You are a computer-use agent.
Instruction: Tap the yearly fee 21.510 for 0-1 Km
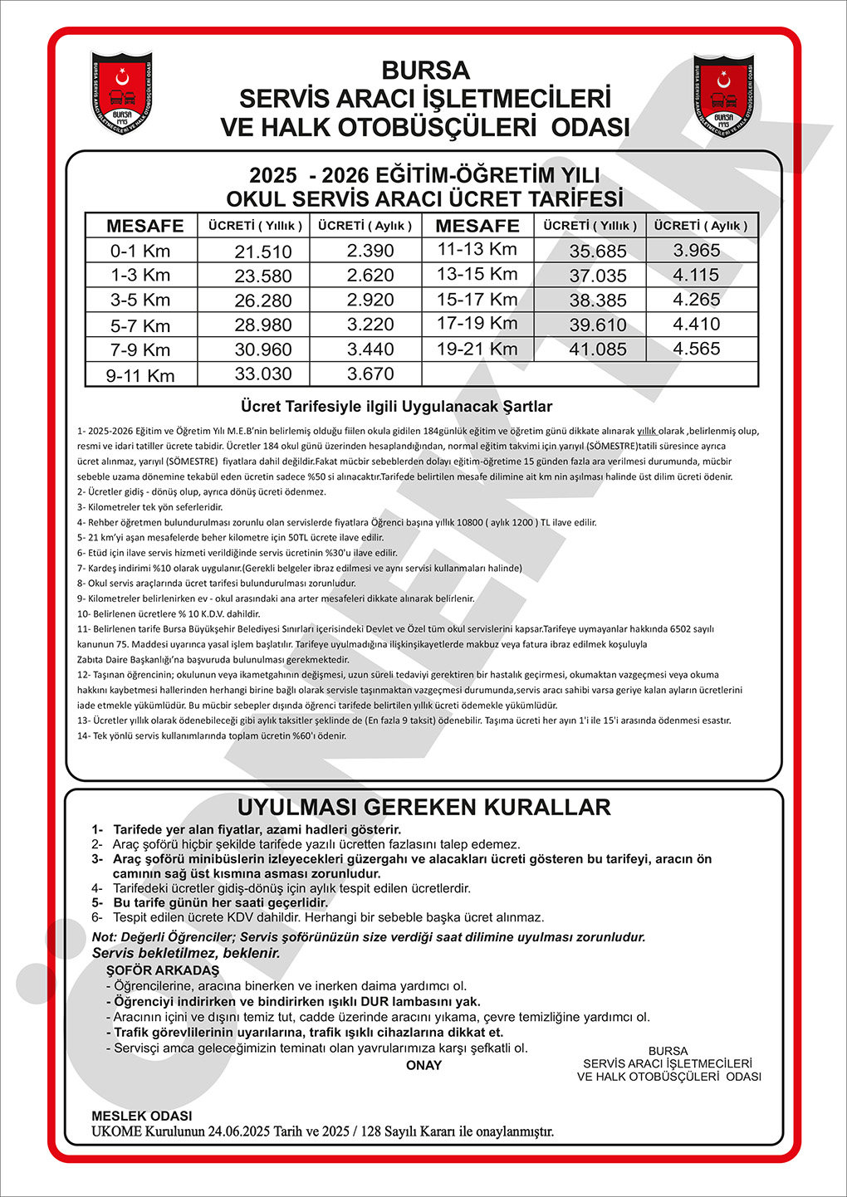(263, 252)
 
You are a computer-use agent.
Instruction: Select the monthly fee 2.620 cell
(370, 276)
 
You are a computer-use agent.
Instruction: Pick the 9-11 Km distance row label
(140, 375)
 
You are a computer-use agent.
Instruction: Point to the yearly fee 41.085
(598, 349)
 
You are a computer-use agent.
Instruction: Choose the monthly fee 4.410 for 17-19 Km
(697, 324)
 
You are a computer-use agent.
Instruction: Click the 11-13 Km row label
(477, 249)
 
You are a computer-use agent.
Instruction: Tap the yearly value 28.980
(263, 325)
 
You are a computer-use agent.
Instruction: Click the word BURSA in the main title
(425, 71)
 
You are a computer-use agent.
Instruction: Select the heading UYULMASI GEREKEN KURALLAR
(423, 807)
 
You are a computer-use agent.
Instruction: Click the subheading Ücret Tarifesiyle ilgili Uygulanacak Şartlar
(396, 407)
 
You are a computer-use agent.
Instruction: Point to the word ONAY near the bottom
(423, 1065)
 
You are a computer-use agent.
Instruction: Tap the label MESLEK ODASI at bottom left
(142, 1116)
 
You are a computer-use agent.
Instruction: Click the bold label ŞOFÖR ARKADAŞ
(163, 970)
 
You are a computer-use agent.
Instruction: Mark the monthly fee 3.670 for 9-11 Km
(370, 374)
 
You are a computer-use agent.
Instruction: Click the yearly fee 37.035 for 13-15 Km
(598, 276)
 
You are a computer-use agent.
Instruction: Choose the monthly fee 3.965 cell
(697, 251)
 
